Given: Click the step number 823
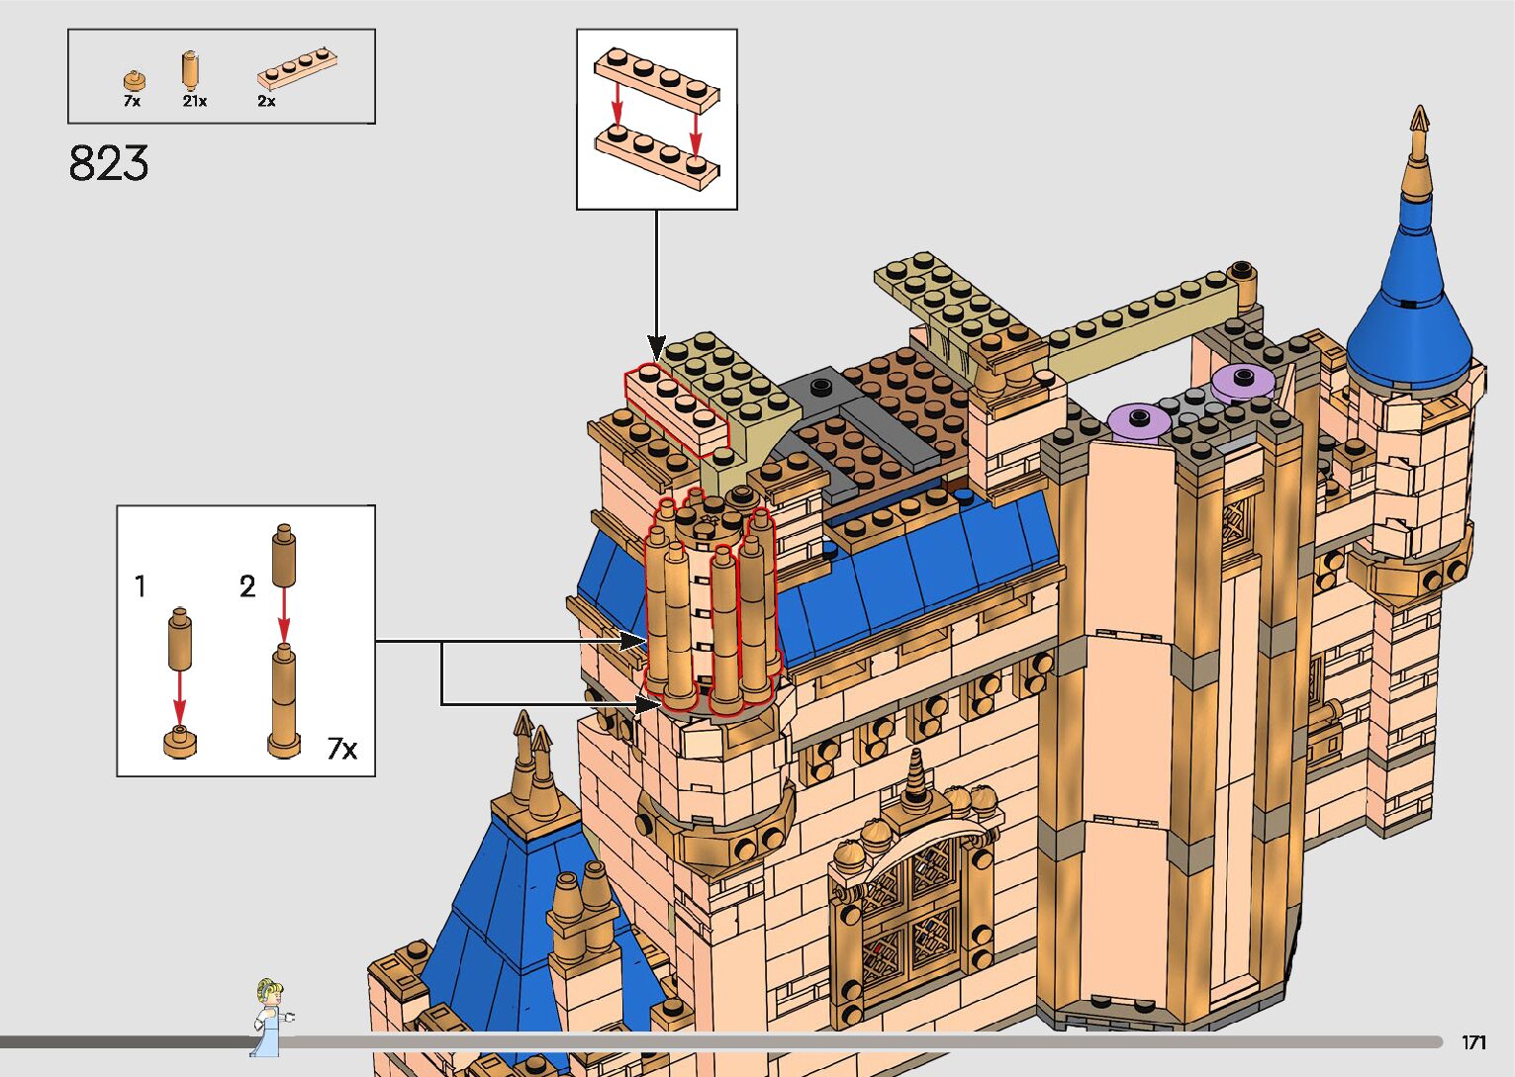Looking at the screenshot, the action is click(x=109, y=164).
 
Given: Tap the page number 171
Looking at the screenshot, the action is click(x=1473, y=1042).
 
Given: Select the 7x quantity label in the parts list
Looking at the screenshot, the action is click(x=132, y=101).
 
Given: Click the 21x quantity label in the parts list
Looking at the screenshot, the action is click(x=194, y=101).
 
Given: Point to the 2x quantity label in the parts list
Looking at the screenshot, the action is click(x=266, y=101).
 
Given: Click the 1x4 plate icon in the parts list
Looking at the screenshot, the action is click(x=299, y=70).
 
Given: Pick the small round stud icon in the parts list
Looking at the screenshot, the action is click(x=134, y=80).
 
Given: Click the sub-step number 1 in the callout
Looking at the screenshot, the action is click(x=141, y=586).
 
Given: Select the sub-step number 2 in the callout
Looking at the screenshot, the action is click(x=247, y=586).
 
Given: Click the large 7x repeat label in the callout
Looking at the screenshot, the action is click(x=341, y=749).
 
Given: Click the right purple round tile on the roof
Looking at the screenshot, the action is click(x=1243, y=379).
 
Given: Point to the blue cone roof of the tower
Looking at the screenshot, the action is click(x=1408, y=316).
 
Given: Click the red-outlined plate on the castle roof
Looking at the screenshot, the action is click(x=676, y=406).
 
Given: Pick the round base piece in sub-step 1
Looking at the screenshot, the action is click(x=179, y=741).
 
